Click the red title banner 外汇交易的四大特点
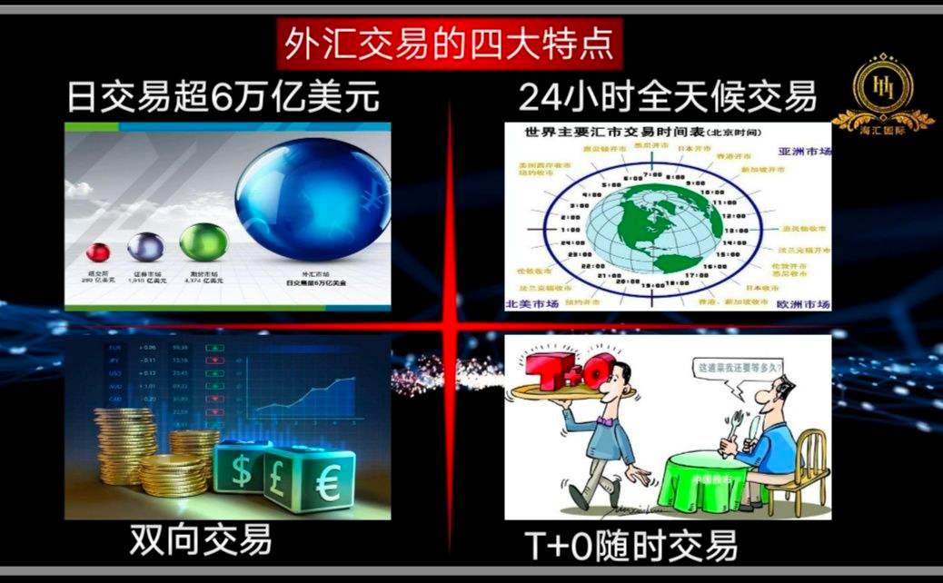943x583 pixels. coord(449,42)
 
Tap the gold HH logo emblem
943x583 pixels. coord(882,87)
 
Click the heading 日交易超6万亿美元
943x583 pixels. coord(223,97)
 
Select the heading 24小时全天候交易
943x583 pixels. coord(668,96)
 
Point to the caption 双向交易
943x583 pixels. coord(201,541)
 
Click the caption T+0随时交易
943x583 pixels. coord(631,547)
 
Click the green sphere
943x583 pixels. coord(202,242)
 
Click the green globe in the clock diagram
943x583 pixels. coord(654,226)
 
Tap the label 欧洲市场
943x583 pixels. coord(803,303)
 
